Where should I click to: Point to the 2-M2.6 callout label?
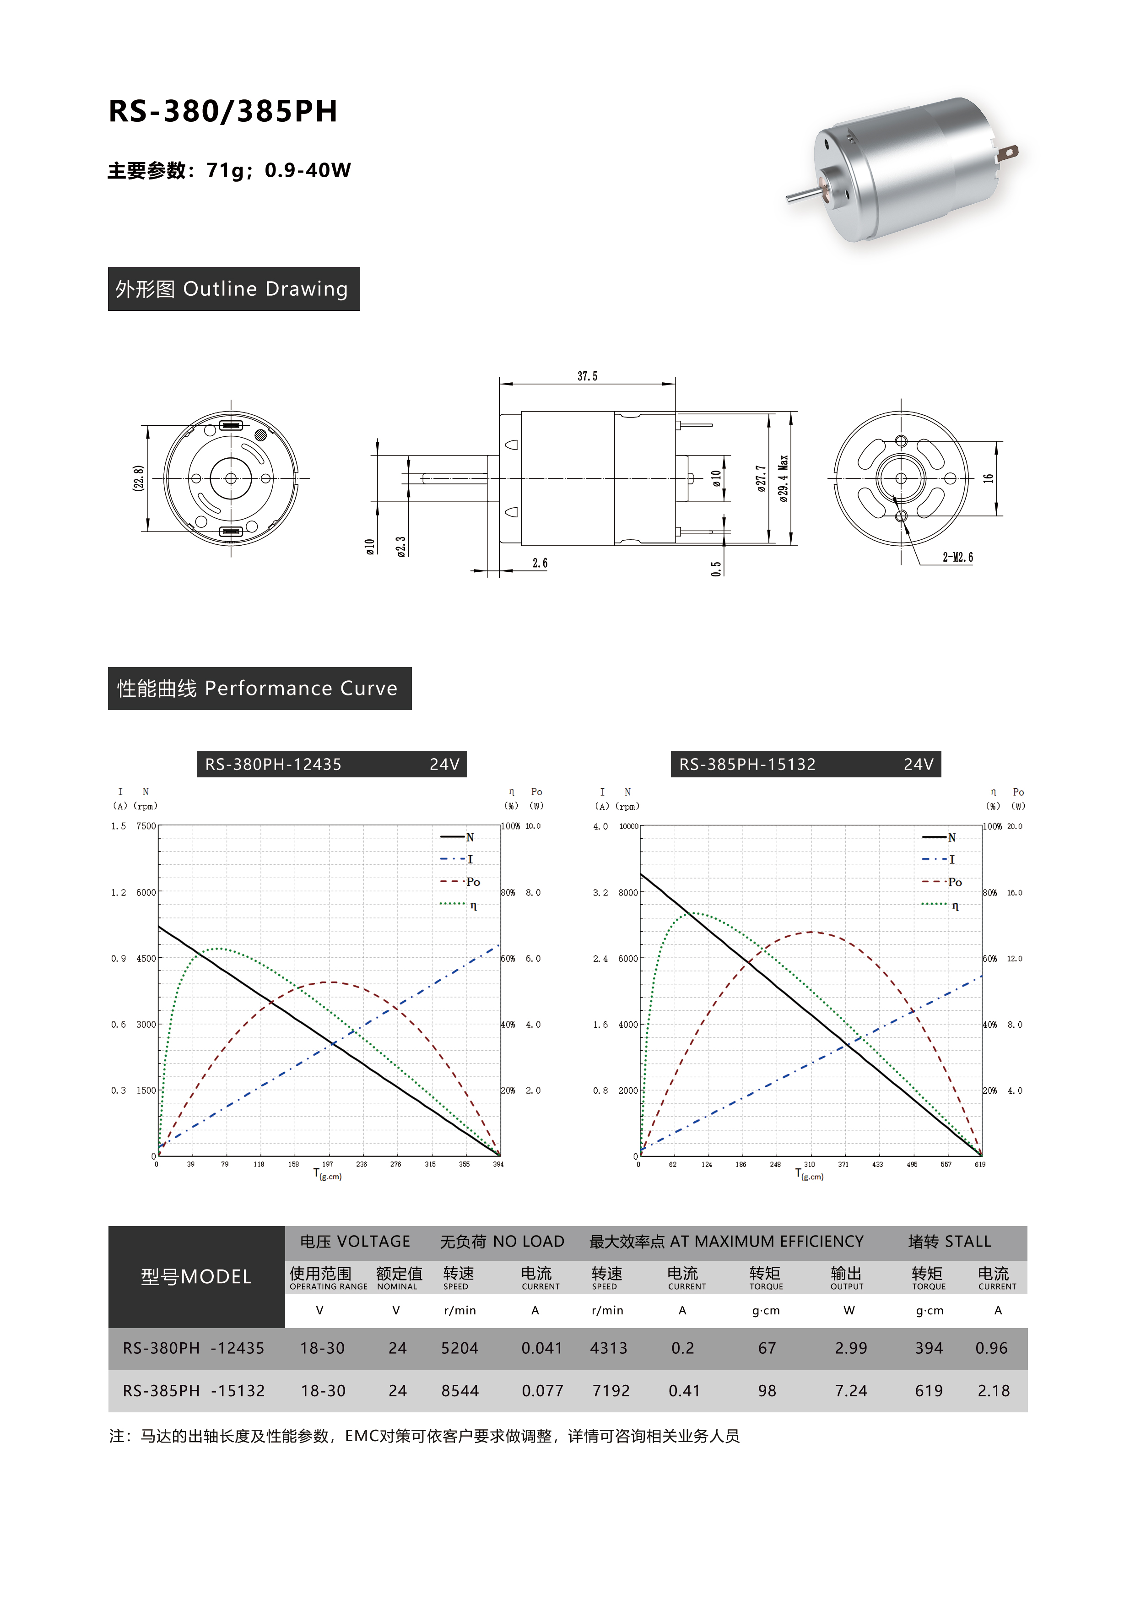[x=957, y=558]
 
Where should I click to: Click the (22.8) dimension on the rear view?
[x=139, y=478]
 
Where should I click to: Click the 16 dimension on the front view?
[x=988, y=478]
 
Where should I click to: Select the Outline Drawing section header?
[x=233, y=289]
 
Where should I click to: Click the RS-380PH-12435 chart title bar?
[x=331, y=764]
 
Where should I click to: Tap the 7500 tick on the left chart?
[x=146, y=826]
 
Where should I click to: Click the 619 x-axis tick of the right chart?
[x=980, y=1165]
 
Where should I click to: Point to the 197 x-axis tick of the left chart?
[x=327, y=1165]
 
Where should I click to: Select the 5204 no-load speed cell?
[x=459, y=1348]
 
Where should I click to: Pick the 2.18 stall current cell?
[x=993, y=1390]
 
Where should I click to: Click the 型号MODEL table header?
[x=196, y=1276]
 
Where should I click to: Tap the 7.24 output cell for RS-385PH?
[x=850, y=1390]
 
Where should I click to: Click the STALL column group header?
[x=949, y=1242]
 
